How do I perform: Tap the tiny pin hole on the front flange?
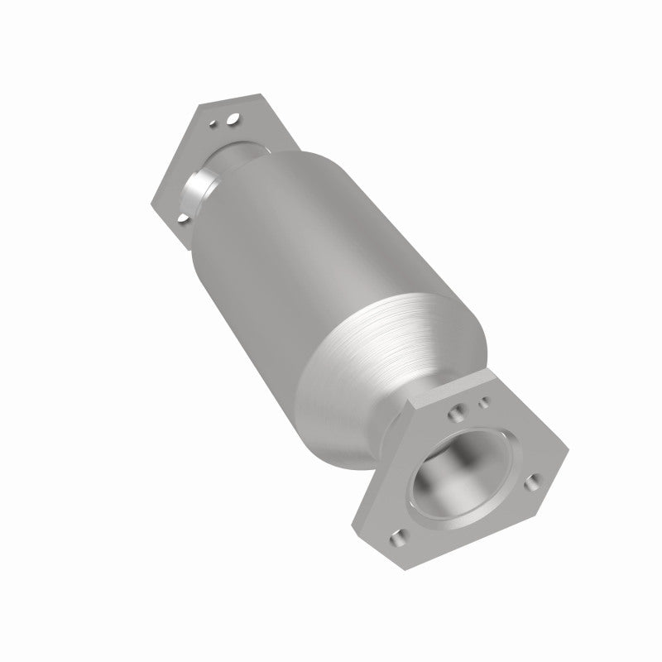(x=485, y=404)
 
